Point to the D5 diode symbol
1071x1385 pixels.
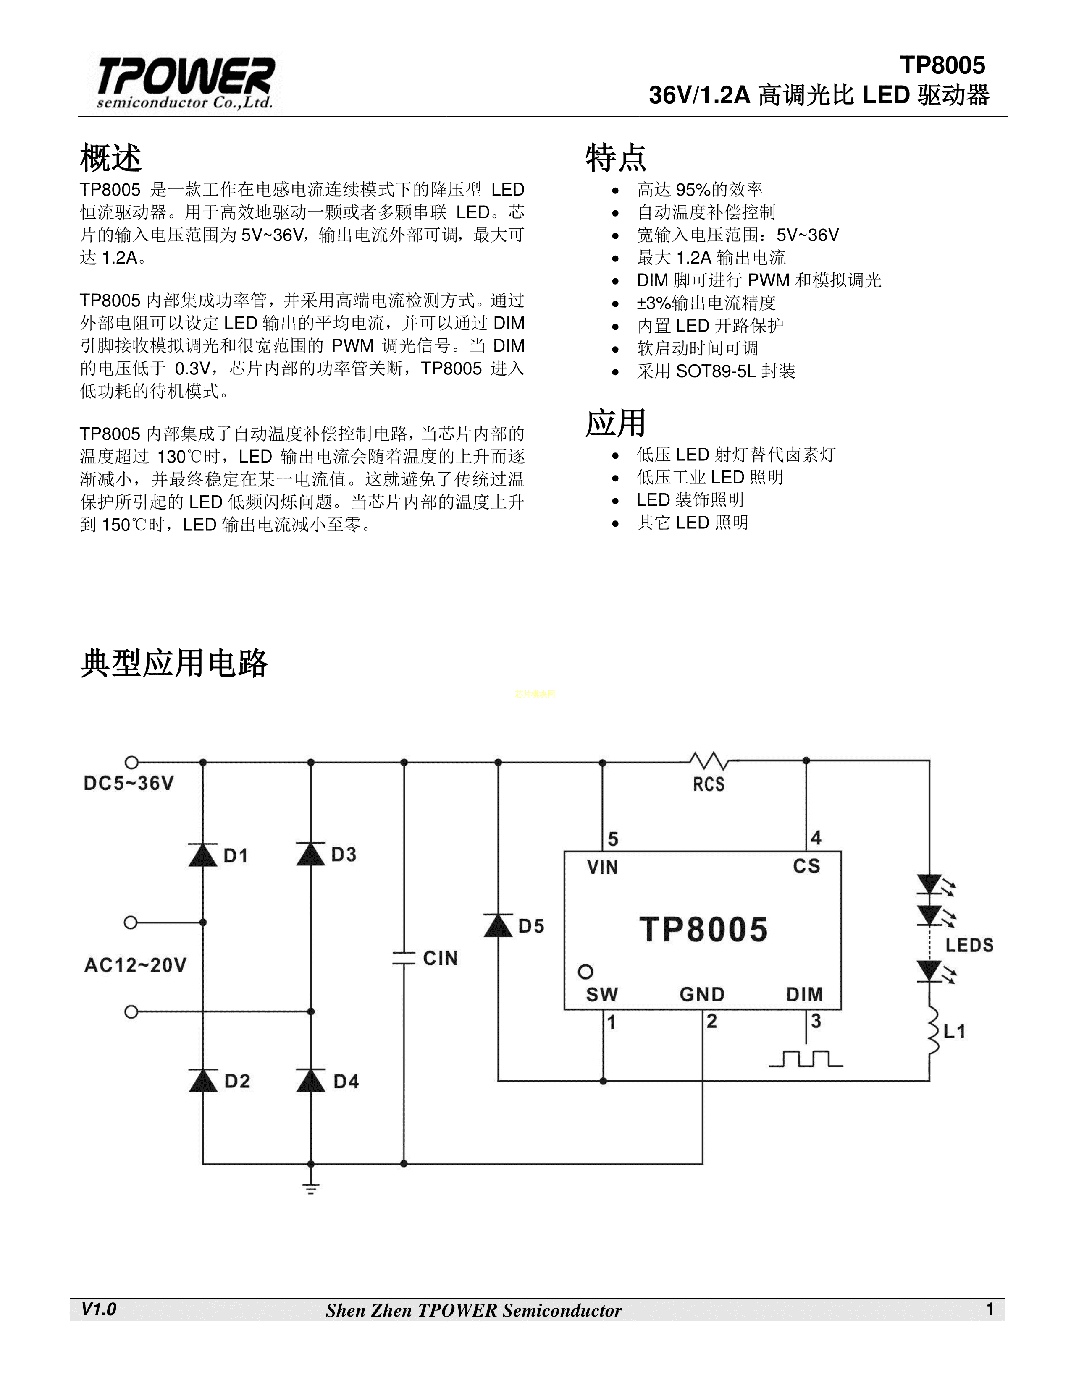(498, 925)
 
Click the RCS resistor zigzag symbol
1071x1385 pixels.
(709, 761)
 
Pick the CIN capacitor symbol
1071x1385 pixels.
(404, 958)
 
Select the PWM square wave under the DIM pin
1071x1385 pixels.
(806, 1058)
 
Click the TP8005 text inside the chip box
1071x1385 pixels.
(703, 930)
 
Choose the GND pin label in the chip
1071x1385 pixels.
(702, 994)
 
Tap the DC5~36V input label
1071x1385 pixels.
(129, 783)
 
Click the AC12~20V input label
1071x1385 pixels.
(135, 965)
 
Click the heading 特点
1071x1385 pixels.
(615, 158)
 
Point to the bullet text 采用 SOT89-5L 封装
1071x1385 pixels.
(716, 371)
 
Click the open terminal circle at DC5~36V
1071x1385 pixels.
(131, 762)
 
